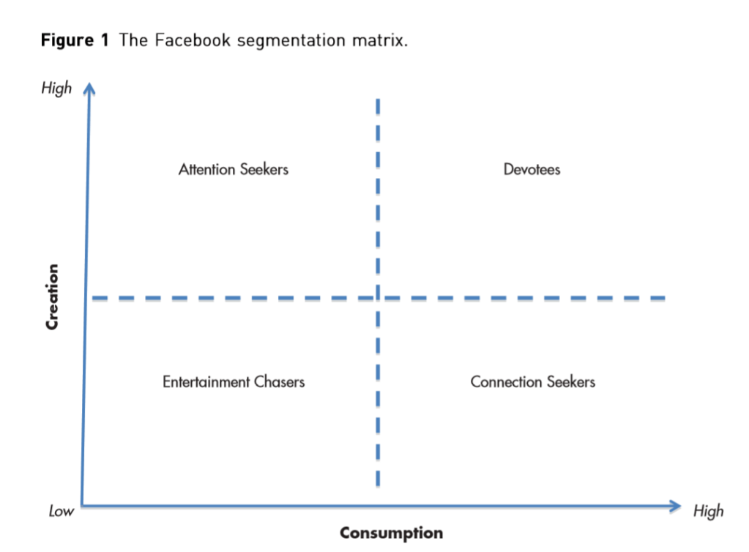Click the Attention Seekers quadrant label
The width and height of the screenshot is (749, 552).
pos(234,169)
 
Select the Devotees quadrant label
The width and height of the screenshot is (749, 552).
pos(532,169)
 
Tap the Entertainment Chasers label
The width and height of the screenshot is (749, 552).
pos(234,381)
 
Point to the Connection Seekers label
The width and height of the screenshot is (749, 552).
pos(532,381)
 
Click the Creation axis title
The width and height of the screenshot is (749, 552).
pos(52,296)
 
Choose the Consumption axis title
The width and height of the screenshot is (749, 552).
pos(391,532)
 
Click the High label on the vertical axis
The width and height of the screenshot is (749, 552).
pos(57,88)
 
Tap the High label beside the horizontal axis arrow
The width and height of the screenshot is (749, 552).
pos(708,510)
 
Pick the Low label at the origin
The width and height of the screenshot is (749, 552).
pos(62,511)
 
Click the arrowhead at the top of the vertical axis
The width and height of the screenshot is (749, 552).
pos(89,89)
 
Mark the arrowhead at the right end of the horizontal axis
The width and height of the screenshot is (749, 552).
pos(677,505)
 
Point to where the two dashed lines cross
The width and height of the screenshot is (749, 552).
pos(377,298)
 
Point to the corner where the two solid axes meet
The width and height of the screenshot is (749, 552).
pos(82,504)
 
